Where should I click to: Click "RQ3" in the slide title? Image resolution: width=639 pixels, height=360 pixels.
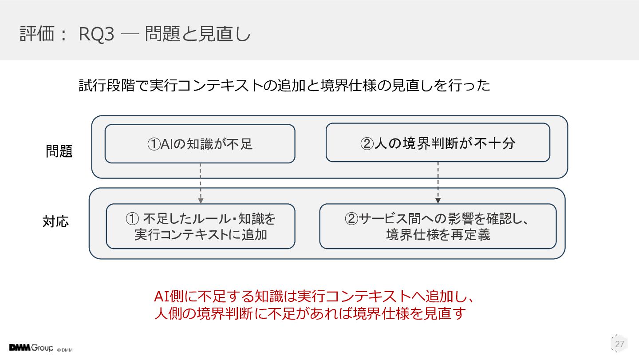(x=96, y=34)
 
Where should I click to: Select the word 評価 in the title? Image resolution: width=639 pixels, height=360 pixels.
(x=37, y=34)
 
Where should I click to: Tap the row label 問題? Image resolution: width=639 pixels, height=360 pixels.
(x=59, y=151)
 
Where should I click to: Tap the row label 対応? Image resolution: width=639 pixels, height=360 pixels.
(x=55, y=222)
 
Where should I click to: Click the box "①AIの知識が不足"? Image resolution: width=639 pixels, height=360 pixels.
(x=200, y=144)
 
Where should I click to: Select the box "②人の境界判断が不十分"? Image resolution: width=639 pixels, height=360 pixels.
(x=438, y=142)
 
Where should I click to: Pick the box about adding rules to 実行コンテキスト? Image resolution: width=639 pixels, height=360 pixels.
(x=201, y=226)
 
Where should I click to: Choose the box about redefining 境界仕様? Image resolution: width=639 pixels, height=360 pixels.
(x=438, y=226)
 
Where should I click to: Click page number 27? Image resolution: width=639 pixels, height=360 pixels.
(x=619, y=344)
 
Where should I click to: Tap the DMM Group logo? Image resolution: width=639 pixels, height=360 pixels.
(x=31, y=348)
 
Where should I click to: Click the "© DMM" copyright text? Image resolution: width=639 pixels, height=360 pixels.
(x=65, y=350)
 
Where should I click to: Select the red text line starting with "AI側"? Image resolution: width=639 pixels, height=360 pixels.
(x=314, y=297)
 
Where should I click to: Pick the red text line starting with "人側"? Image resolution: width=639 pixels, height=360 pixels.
(x=310, y=313)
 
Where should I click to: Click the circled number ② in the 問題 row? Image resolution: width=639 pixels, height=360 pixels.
(x=367, y=143)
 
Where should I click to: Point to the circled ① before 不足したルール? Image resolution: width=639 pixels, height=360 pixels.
(x=132, y=219)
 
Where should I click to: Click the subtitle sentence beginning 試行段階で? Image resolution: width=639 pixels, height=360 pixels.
(x=284, y=85)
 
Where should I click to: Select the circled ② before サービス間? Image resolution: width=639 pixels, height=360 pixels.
(x=351, y=219)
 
